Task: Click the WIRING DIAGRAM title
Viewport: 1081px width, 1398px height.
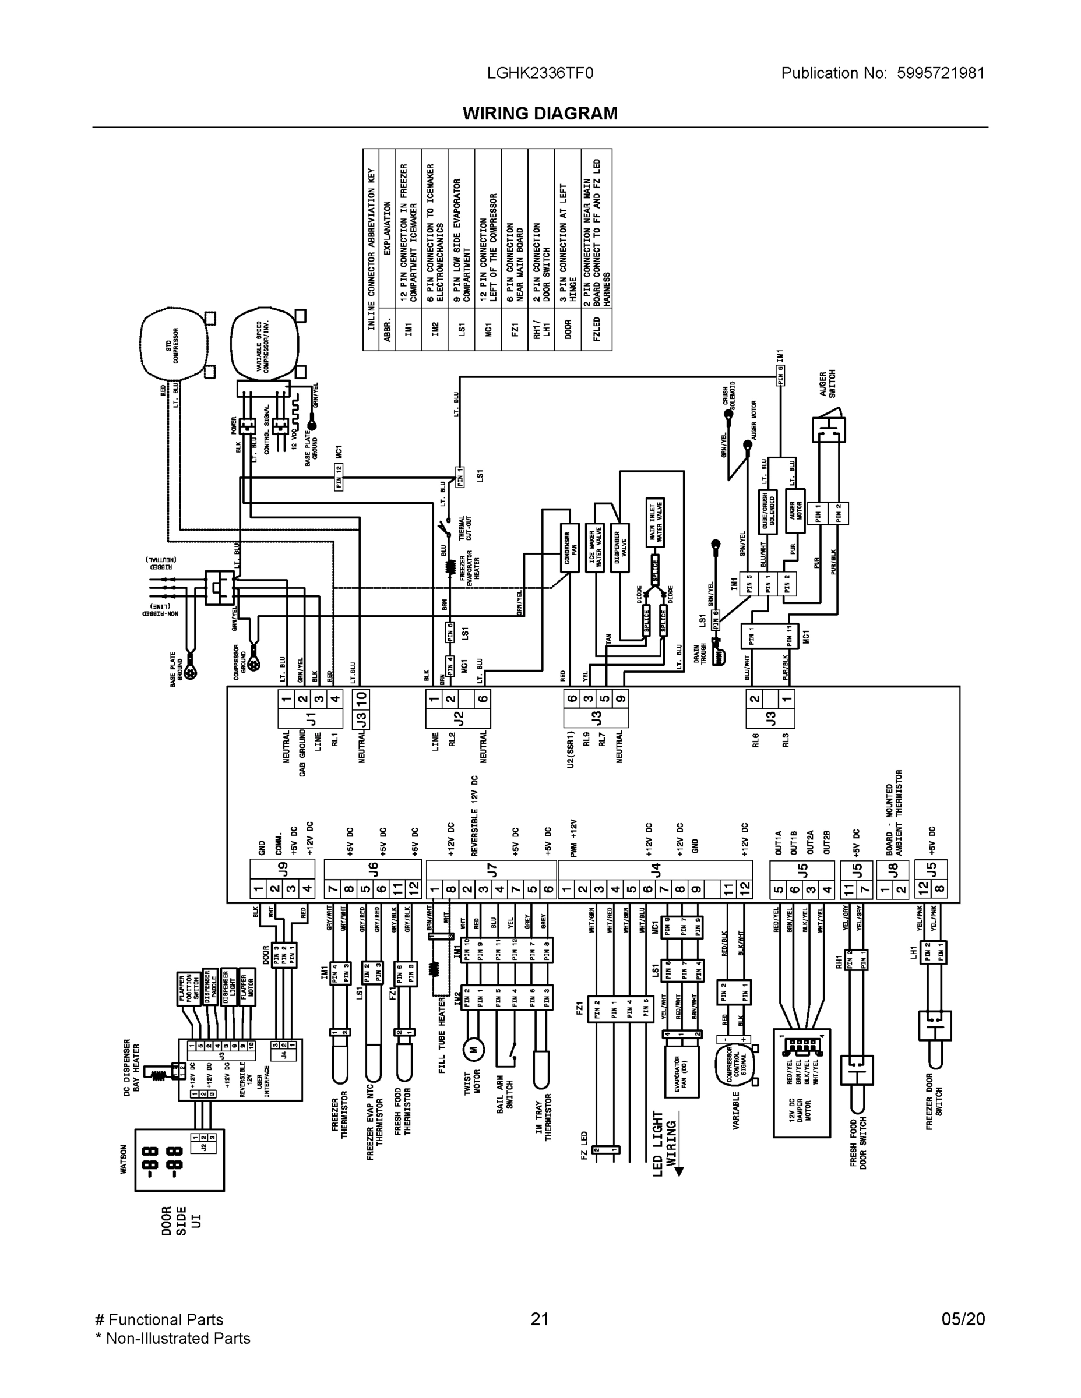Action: [540, 114]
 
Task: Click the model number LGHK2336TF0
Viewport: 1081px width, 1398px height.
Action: [540, 73]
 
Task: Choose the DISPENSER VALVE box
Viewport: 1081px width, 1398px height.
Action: [619, 548]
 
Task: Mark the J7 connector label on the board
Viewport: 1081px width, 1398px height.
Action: [491, 869]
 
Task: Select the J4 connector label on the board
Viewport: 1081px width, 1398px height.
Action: [655, 869]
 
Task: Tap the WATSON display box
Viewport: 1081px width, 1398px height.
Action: [179, 1160]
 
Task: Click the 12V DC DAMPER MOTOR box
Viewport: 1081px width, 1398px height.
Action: [801, 1083]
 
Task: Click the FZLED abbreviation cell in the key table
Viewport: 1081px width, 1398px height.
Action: [597, 329]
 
